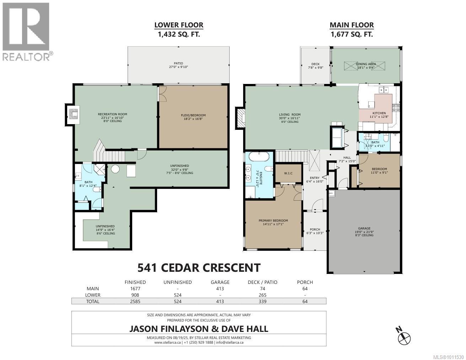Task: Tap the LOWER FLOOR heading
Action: (179, 25)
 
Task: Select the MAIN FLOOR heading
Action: (352, 25)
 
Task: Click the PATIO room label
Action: (178, 63)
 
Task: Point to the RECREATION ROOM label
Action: (112, 114)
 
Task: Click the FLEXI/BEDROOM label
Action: (193, 115)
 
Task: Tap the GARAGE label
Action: (364, 228)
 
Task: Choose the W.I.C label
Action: (288, 173)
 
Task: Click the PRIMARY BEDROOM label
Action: (273, 221)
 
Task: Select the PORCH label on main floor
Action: (315, 229)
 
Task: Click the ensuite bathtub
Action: (259, 157)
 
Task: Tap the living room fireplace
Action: (241, 118)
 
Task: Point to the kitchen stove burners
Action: (396, 108)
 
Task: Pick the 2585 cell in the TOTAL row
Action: (135, 301)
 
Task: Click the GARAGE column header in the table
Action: (220, 282)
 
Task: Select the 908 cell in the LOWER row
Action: (135, 295)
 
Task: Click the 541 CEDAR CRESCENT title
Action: (199, 268)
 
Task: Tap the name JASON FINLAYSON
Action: (169, 329)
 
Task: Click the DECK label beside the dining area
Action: (315, 64)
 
